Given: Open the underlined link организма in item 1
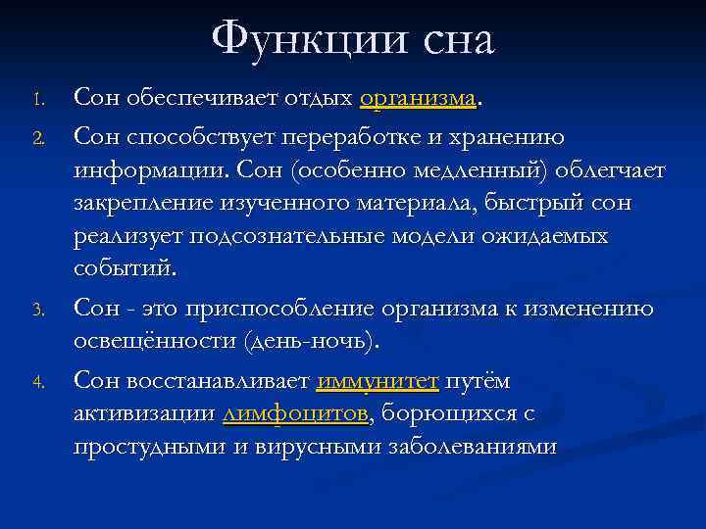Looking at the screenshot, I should coord(418,99).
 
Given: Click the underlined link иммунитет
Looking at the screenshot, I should coord(377,380).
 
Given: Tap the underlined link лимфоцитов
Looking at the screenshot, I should coord(295,413).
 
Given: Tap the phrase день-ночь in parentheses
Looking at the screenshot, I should coord(317,343).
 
